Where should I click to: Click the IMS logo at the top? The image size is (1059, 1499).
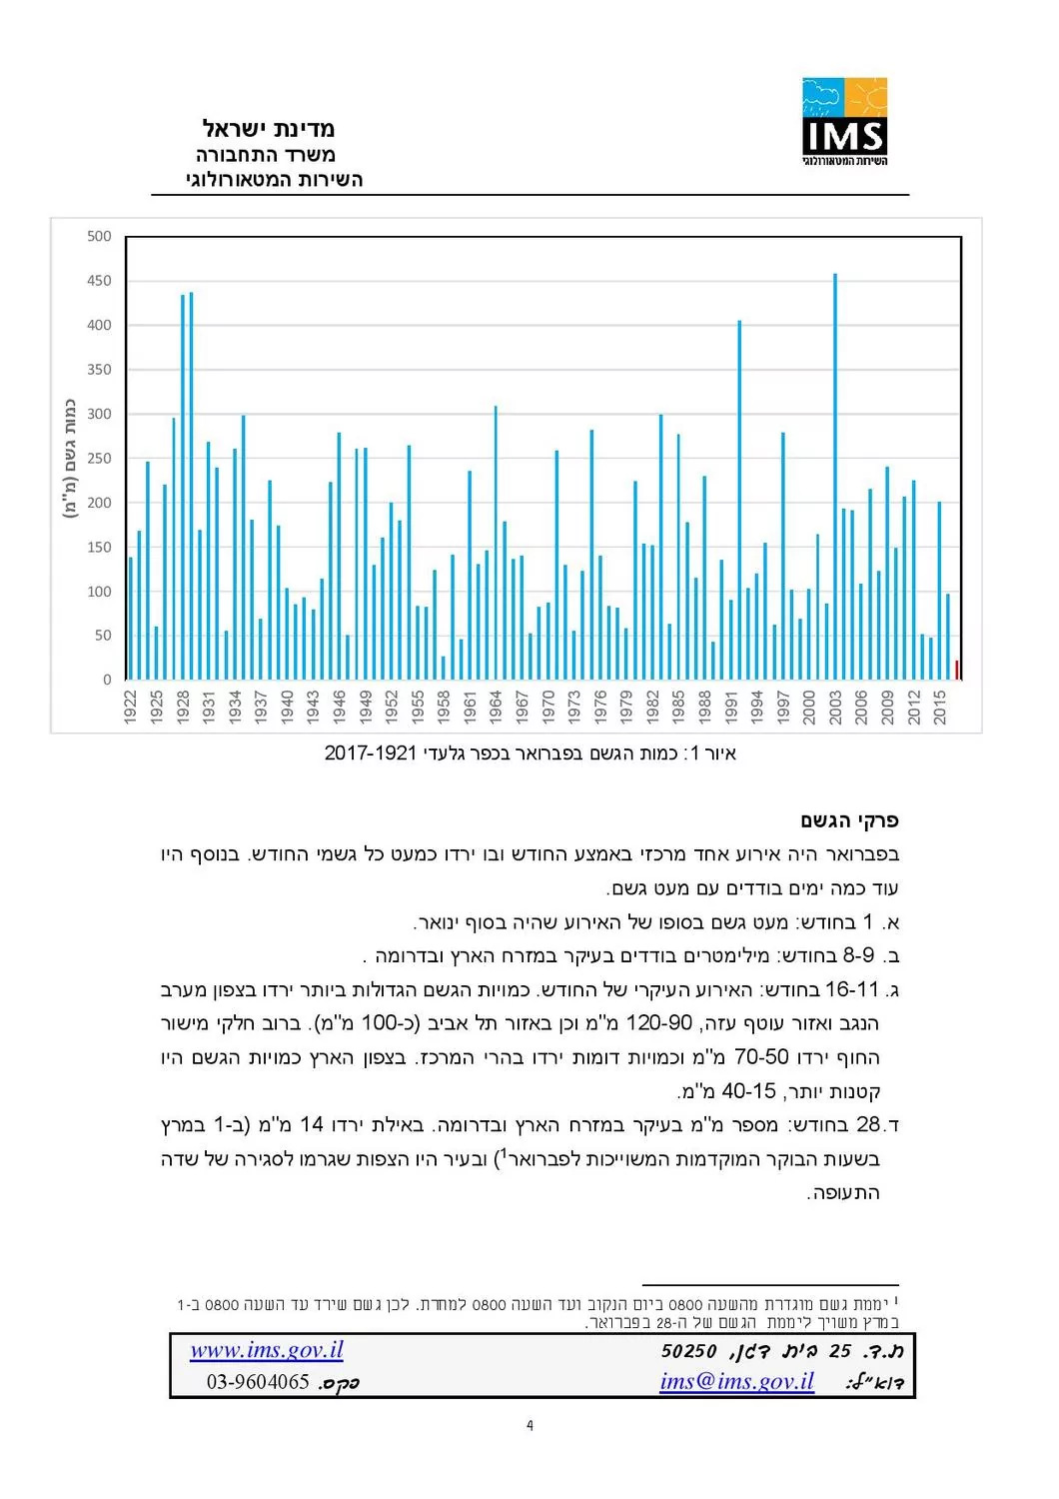click(844, 121)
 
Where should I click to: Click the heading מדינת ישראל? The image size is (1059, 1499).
click(269, 129)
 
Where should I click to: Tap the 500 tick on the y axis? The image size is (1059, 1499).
click(99, 237)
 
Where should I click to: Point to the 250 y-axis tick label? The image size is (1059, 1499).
click(99, 459)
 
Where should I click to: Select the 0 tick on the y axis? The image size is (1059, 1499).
click(107, 681)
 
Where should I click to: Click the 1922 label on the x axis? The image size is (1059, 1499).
click(131, 707)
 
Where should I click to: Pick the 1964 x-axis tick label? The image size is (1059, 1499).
click(497, 707)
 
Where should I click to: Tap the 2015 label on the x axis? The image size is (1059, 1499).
click(940, 707)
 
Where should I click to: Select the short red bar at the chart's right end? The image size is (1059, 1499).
click(957, 671)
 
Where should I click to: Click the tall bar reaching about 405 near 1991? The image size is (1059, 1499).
click(739, 500)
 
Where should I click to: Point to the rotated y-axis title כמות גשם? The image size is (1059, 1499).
click(70, 458)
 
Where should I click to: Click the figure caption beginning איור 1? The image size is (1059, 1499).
click(529, 753)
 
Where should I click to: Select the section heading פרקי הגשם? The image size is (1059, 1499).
click(849, 821)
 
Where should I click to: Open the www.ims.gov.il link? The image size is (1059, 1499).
click(267, 1351)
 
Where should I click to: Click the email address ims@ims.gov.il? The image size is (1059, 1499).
click(736, 1382)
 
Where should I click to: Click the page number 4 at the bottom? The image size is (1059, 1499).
click(529, 1426)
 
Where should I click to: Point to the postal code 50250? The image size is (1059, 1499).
click(689, 1352)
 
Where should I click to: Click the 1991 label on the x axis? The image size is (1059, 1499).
click(731, 707)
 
